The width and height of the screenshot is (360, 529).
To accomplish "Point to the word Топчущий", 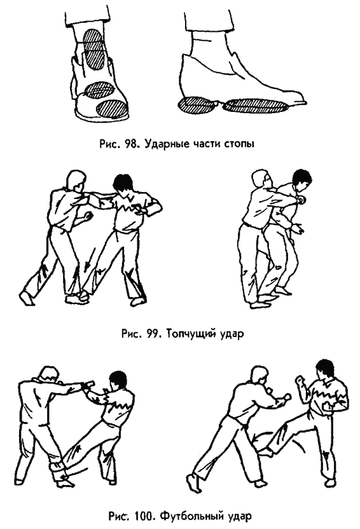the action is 191,334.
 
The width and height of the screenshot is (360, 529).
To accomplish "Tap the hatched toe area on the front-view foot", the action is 113,108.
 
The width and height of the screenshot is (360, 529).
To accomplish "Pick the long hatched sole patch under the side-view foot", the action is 256,104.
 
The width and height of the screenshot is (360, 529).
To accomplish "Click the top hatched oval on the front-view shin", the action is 93,41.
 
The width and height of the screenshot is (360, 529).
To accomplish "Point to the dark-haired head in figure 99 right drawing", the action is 301,179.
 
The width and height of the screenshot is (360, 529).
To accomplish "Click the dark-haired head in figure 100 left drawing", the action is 118,381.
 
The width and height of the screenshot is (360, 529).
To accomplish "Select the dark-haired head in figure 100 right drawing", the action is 326,369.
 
